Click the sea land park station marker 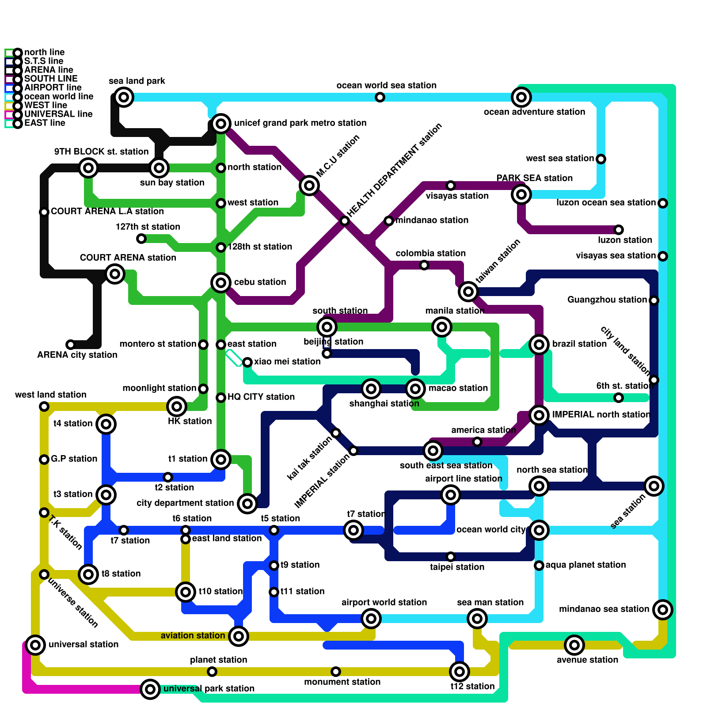point(124,97)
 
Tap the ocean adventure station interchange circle point(521,97)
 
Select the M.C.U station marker point(309,186)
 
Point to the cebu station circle point(221,283)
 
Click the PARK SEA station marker point(521,194)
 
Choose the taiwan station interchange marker point(468,292)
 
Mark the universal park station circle point(150,689)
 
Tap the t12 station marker point(460,672)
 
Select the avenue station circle point(574,645)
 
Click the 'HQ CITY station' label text point(261,397)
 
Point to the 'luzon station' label point(625,240)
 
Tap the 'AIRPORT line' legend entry point(53,87)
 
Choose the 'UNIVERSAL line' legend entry point(58,114)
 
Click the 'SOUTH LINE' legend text point(51,79)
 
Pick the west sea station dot point(601,159)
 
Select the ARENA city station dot point(71,345)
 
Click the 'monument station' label point(342,682)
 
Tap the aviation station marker point(239,636)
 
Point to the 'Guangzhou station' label point(607,300)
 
